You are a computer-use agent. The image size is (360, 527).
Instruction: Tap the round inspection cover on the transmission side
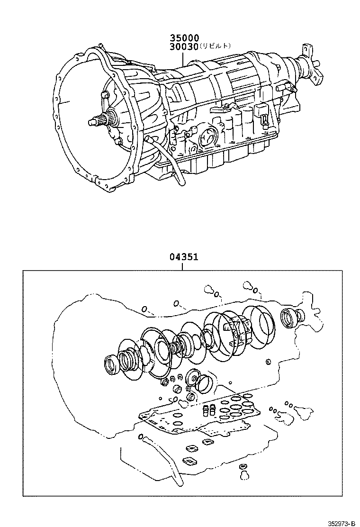(207, 138)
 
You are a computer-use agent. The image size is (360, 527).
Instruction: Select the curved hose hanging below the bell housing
(166, 156)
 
